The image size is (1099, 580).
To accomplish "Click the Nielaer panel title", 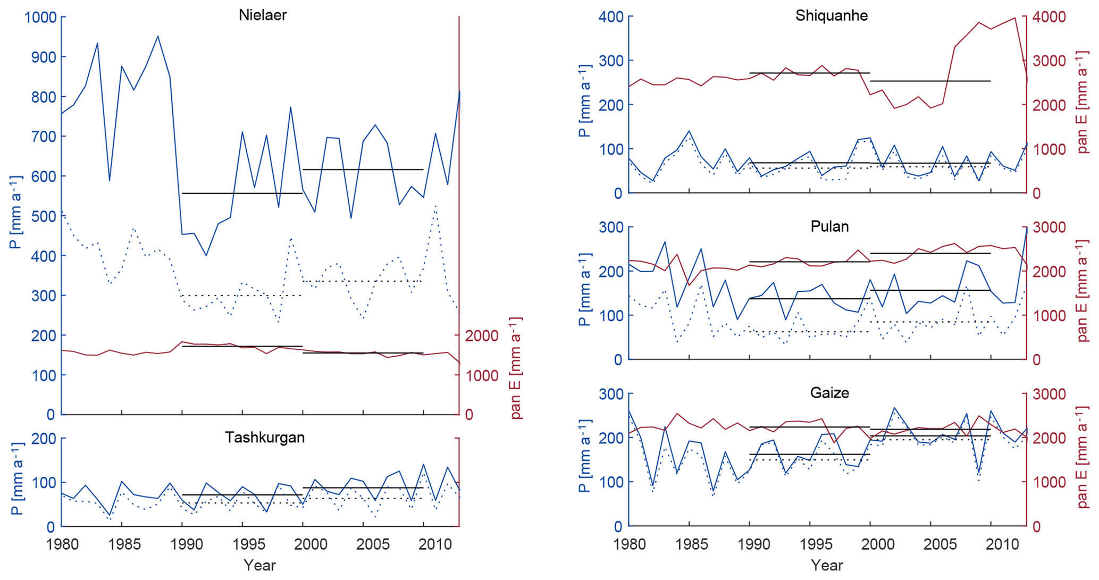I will [263, 15].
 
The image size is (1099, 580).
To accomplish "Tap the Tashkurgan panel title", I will [264, 438].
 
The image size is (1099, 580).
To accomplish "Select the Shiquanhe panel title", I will [832, 15].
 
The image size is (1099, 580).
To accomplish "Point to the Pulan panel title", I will [829, 226].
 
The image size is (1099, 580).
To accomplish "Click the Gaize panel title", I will [829, 393].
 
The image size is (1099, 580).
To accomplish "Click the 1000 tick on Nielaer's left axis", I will [40, 18].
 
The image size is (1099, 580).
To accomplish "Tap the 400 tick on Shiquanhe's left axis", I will [611, 17].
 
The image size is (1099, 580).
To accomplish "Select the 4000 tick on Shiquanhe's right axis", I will [1049, 17].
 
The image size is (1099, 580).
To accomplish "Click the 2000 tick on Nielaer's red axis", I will [482, 336].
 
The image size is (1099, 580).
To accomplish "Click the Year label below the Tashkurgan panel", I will [259, 565].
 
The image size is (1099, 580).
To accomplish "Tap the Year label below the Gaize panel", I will [827, 565].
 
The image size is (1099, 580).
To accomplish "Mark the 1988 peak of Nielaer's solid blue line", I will [158, 36].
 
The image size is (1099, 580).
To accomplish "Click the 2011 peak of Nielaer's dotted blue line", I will [435, 206].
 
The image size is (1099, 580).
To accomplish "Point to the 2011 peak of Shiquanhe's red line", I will [1015, 18].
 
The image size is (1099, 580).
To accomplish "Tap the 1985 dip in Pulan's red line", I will [690, 285].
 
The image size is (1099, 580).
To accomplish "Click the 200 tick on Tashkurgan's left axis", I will [45, 439].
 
